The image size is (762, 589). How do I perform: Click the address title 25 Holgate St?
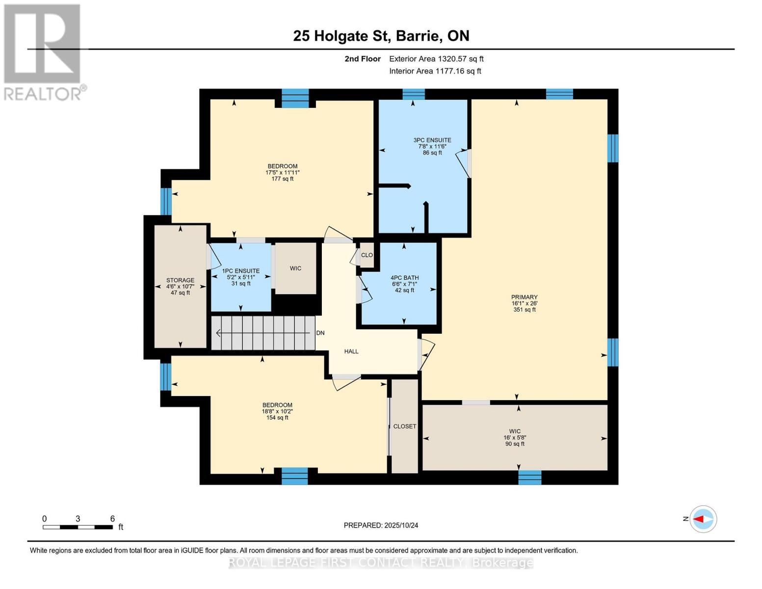click(x=381, y=36)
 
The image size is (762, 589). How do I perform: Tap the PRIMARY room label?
click(x=524, y=297)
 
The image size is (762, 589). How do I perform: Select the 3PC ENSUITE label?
click(x=432, y=140)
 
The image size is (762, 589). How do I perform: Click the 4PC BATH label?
click(x=404, y=278)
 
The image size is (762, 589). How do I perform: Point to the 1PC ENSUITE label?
click(x=240, y=271)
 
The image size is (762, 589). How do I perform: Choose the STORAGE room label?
click(x=180, y=280)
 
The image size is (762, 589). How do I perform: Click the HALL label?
click(x=351, y=351)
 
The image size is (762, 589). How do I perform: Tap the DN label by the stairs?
click(x=320, y=333)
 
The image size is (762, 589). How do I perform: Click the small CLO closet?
click(x=367, y=255)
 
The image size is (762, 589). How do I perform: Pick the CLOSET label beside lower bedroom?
click(x=404, y=427)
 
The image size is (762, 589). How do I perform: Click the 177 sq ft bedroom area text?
click(x=282, y=179)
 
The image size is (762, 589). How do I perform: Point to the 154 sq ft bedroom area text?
click(x=277, y=418)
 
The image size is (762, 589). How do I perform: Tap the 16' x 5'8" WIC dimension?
click(x=515, y=438)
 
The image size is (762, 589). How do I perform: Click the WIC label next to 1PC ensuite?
click(x=295, y=268)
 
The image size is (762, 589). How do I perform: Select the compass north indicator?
click(x=703, y=519)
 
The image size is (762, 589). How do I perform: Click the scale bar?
click(x=78, y=527)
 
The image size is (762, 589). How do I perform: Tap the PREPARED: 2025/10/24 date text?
click(x=381, y=525)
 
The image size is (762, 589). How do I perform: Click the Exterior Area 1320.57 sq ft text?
click(x=436, y=59)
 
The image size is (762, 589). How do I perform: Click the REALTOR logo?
click(x=43, y=52)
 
